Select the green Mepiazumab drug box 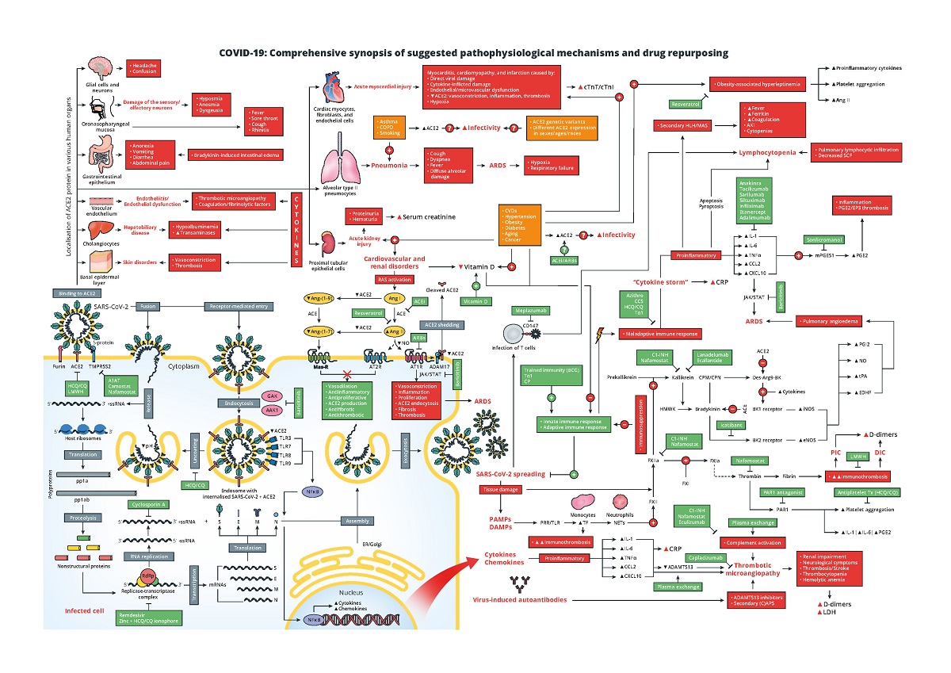[531, 311]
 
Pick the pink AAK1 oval [273, 410]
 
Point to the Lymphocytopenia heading [767, 151]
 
